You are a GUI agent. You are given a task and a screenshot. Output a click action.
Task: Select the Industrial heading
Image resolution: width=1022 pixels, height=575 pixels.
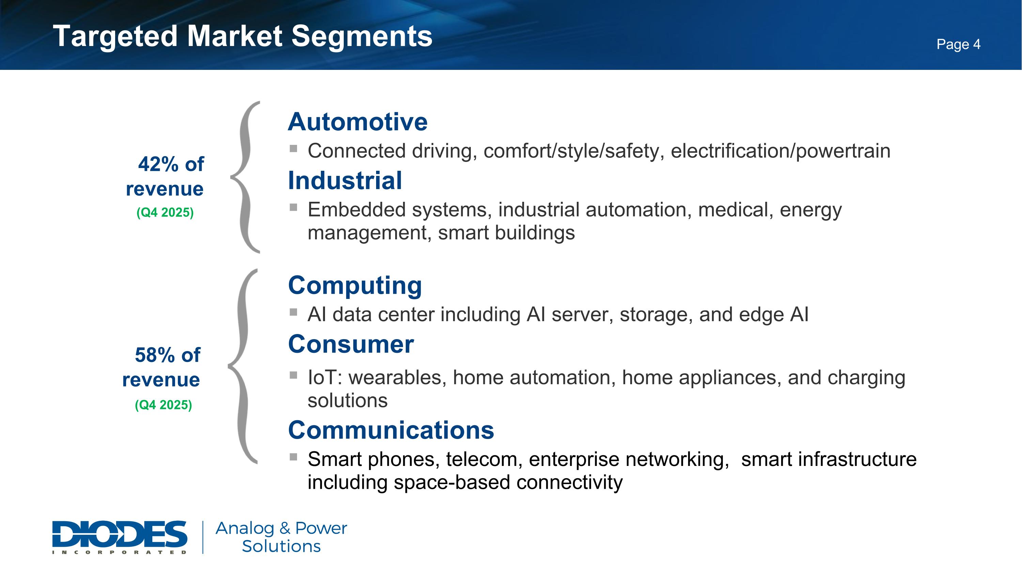(x=345, y=181)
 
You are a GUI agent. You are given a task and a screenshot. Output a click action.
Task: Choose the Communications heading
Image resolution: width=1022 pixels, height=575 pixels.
(x=391, y=430)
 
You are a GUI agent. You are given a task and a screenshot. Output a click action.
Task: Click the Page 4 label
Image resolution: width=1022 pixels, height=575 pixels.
(x=958, y=44)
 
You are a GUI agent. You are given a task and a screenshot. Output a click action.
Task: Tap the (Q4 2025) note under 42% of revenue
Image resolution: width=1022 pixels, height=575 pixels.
(x=165, y=213)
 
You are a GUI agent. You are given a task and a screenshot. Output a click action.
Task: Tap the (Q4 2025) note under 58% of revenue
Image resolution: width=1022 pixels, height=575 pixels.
(x=164, y=405)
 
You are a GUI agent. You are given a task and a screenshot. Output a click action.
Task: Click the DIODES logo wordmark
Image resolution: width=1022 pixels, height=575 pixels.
(x=120, y=534)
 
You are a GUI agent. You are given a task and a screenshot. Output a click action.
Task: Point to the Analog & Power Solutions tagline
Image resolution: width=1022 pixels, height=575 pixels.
(x=281, y=537)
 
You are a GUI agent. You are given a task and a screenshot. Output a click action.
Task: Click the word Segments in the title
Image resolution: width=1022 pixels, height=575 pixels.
(x=361, y=36)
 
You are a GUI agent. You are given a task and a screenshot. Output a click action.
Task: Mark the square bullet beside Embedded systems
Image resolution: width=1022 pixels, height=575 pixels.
(x=294, y=207)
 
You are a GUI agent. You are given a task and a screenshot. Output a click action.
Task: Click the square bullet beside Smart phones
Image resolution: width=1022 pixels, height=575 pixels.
(x=294, y=457)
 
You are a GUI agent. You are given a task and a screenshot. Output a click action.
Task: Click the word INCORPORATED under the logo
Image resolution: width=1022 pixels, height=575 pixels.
(x=120, y=552)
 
